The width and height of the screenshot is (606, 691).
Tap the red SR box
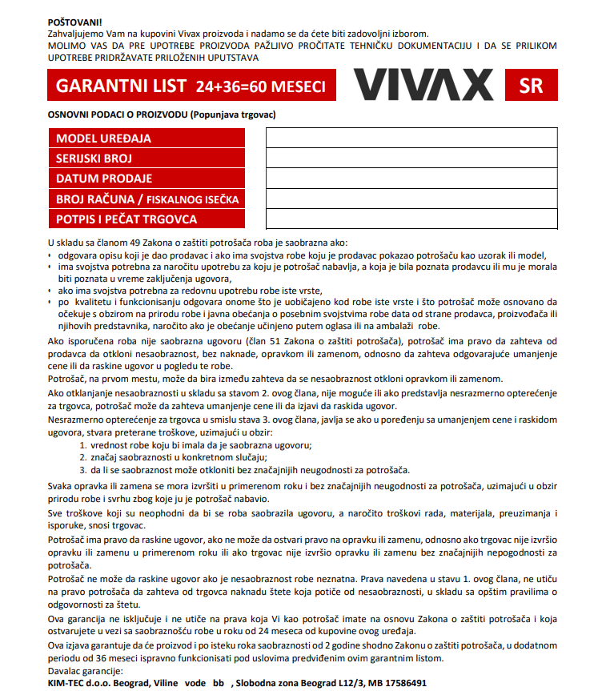(x=531, y=86)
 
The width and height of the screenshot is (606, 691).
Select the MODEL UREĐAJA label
(x=103, y=138)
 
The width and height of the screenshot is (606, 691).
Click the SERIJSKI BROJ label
(x=94, y=158)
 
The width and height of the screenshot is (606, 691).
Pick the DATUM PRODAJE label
(x=104, y=178)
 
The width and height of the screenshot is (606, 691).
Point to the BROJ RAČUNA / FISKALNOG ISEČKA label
(x=147, y=199)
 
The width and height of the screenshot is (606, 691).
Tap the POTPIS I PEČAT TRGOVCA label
(x=126, y=219)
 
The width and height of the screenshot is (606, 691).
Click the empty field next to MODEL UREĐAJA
(x=411, y=138)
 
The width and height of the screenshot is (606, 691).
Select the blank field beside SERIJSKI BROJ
(x=411, y=158)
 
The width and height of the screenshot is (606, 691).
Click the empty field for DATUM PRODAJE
(x=411, y=178)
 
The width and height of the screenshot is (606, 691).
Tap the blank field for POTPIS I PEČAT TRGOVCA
(x=411, y=219)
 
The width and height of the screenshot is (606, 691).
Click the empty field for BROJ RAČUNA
(x=411, y=199)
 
